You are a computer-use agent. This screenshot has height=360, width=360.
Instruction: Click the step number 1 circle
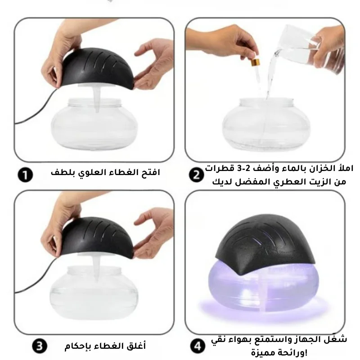[x=25, y=175]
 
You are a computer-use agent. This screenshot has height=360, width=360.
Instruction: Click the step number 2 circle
[x=196, y=175]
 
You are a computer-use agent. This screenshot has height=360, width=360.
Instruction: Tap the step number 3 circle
[x=40, y=346]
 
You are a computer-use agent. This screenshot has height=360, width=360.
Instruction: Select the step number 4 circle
[x=198, y=346]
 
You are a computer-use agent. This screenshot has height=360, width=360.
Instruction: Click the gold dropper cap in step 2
[x=256, y=62]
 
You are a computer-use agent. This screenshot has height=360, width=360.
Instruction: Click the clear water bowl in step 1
[x=94, y=124]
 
